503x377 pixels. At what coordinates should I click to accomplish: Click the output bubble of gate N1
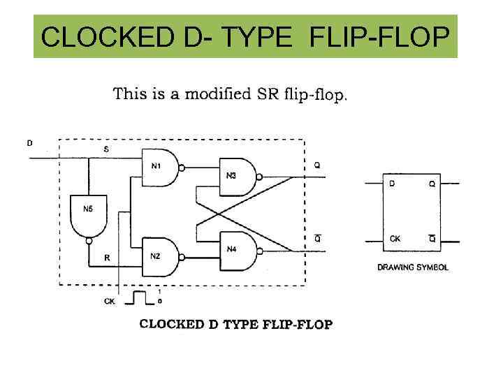pyautogui.click(x=182, y=168)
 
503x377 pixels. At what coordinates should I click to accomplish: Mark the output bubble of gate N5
pyautogui.click(x=89, y=241)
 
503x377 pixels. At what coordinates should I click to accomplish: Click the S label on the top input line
pyautogui.click(x=106, y=149)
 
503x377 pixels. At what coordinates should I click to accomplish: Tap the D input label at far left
pyautogui.click(x=29, y=143)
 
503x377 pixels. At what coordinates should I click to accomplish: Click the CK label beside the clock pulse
pyautogui.click(x=109, y=301)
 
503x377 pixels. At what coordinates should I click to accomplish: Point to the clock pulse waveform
pyautogui.click(x=142, y=298)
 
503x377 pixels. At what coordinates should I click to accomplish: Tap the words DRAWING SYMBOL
pyautogui.click(x=413, y=267)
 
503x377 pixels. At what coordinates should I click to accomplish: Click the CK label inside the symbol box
pyautogui.click(x=395, y=239)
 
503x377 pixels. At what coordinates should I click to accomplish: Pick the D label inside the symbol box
pyautogui.click(x=392, y=184)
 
